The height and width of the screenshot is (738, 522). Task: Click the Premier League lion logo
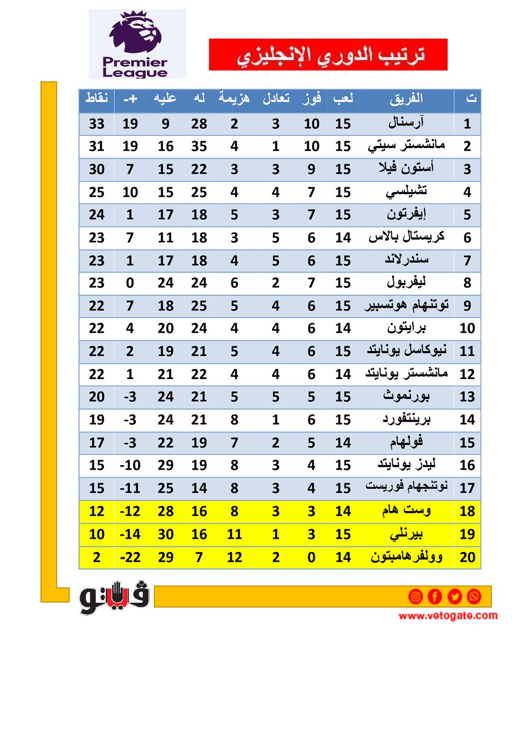coord(137,43)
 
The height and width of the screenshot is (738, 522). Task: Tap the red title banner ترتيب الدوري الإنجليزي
coord(328,54)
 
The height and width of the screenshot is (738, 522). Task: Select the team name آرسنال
coord(406,123)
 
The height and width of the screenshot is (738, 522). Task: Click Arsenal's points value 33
coord(96,124)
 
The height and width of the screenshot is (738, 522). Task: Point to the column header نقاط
coord(96,99)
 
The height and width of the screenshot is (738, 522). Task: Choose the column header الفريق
coord(406,99)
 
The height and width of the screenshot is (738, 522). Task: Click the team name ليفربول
coord(406,283)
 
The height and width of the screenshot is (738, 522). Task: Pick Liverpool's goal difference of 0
coord(130,283)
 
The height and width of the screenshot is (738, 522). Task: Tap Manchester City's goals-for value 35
coord(199,147)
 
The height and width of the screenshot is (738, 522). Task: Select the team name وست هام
coord(406,510)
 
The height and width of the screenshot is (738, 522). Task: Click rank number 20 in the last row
coord(467,557)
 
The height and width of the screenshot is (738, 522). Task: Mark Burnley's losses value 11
coord(234,535)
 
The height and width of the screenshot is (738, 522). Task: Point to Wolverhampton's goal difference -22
coord(130,557)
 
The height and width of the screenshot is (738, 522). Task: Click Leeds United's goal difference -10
coord(130,465)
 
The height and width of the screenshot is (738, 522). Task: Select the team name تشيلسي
coord(406,192)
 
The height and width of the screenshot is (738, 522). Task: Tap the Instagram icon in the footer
coord(415,596)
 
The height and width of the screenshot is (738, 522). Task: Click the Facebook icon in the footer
coord(434,596)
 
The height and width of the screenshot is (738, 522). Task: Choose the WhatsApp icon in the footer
coord(473,596)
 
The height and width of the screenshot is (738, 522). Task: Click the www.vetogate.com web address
coord(448,616)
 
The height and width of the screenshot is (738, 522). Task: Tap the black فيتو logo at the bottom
coord(114,597)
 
